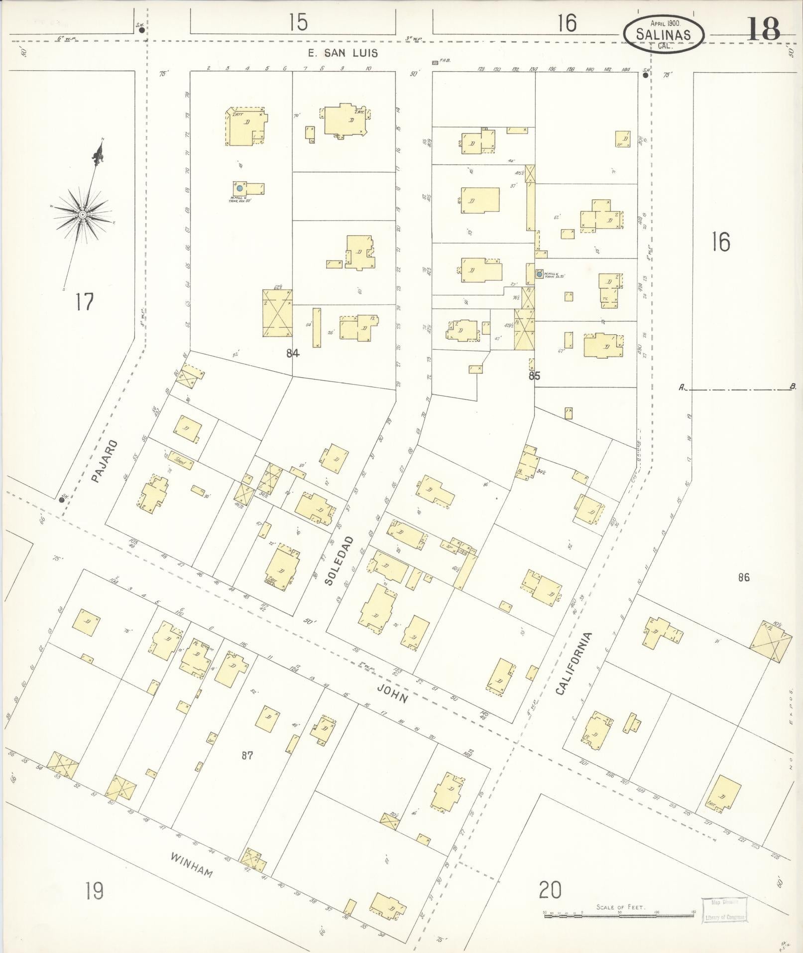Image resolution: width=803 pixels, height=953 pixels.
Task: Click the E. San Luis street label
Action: click(x=343, y=53)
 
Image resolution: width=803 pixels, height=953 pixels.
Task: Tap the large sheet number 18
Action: click(x=763, y=30)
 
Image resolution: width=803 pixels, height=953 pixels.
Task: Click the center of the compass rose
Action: click(x=83, y=215)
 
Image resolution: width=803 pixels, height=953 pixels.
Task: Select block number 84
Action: click(x=293, y=353)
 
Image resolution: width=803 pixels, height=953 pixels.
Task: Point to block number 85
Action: click(x=534, y=376)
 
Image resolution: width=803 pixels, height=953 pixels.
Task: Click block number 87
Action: click(x=247, y=756)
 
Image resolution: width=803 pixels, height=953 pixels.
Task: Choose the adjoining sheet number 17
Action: click(x=85, y=302)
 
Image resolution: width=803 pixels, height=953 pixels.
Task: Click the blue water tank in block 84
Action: click(x=239, y=189)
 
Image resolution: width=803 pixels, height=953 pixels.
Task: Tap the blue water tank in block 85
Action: click(x=539, y=274)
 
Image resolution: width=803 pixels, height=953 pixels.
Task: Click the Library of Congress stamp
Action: click(x=724, y=910)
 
